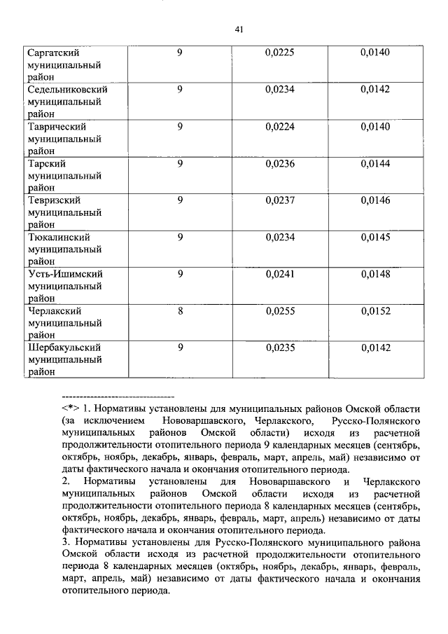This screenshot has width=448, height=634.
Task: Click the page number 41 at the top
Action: (239, 29)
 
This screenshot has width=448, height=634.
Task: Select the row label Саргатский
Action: (52, 53)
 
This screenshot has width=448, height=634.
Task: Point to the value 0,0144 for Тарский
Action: (375, 164)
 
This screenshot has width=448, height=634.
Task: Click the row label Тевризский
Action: (55, 200)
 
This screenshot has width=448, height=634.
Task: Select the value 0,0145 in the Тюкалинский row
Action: (375, 237)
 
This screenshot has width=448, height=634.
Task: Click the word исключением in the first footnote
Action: (115, 421)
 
